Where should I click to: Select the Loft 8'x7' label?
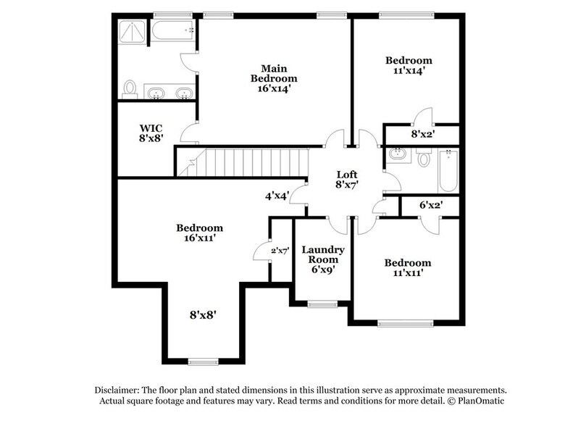tap(346, 180)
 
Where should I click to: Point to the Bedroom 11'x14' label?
tap(408, 65)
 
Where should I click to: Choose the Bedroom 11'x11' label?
tap(407, 267)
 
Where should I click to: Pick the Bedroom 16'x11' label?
tap(199, 233)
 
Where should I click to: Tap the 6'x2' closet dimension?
tap(431, 205)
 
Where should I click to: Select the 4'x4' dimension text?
tap(278, 195)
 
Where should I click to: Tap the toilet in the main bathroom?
tap(131, 88)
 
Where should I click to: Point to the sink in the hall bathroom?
tap(397, 154)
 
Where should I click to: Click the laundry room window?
tap(321, 303)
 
